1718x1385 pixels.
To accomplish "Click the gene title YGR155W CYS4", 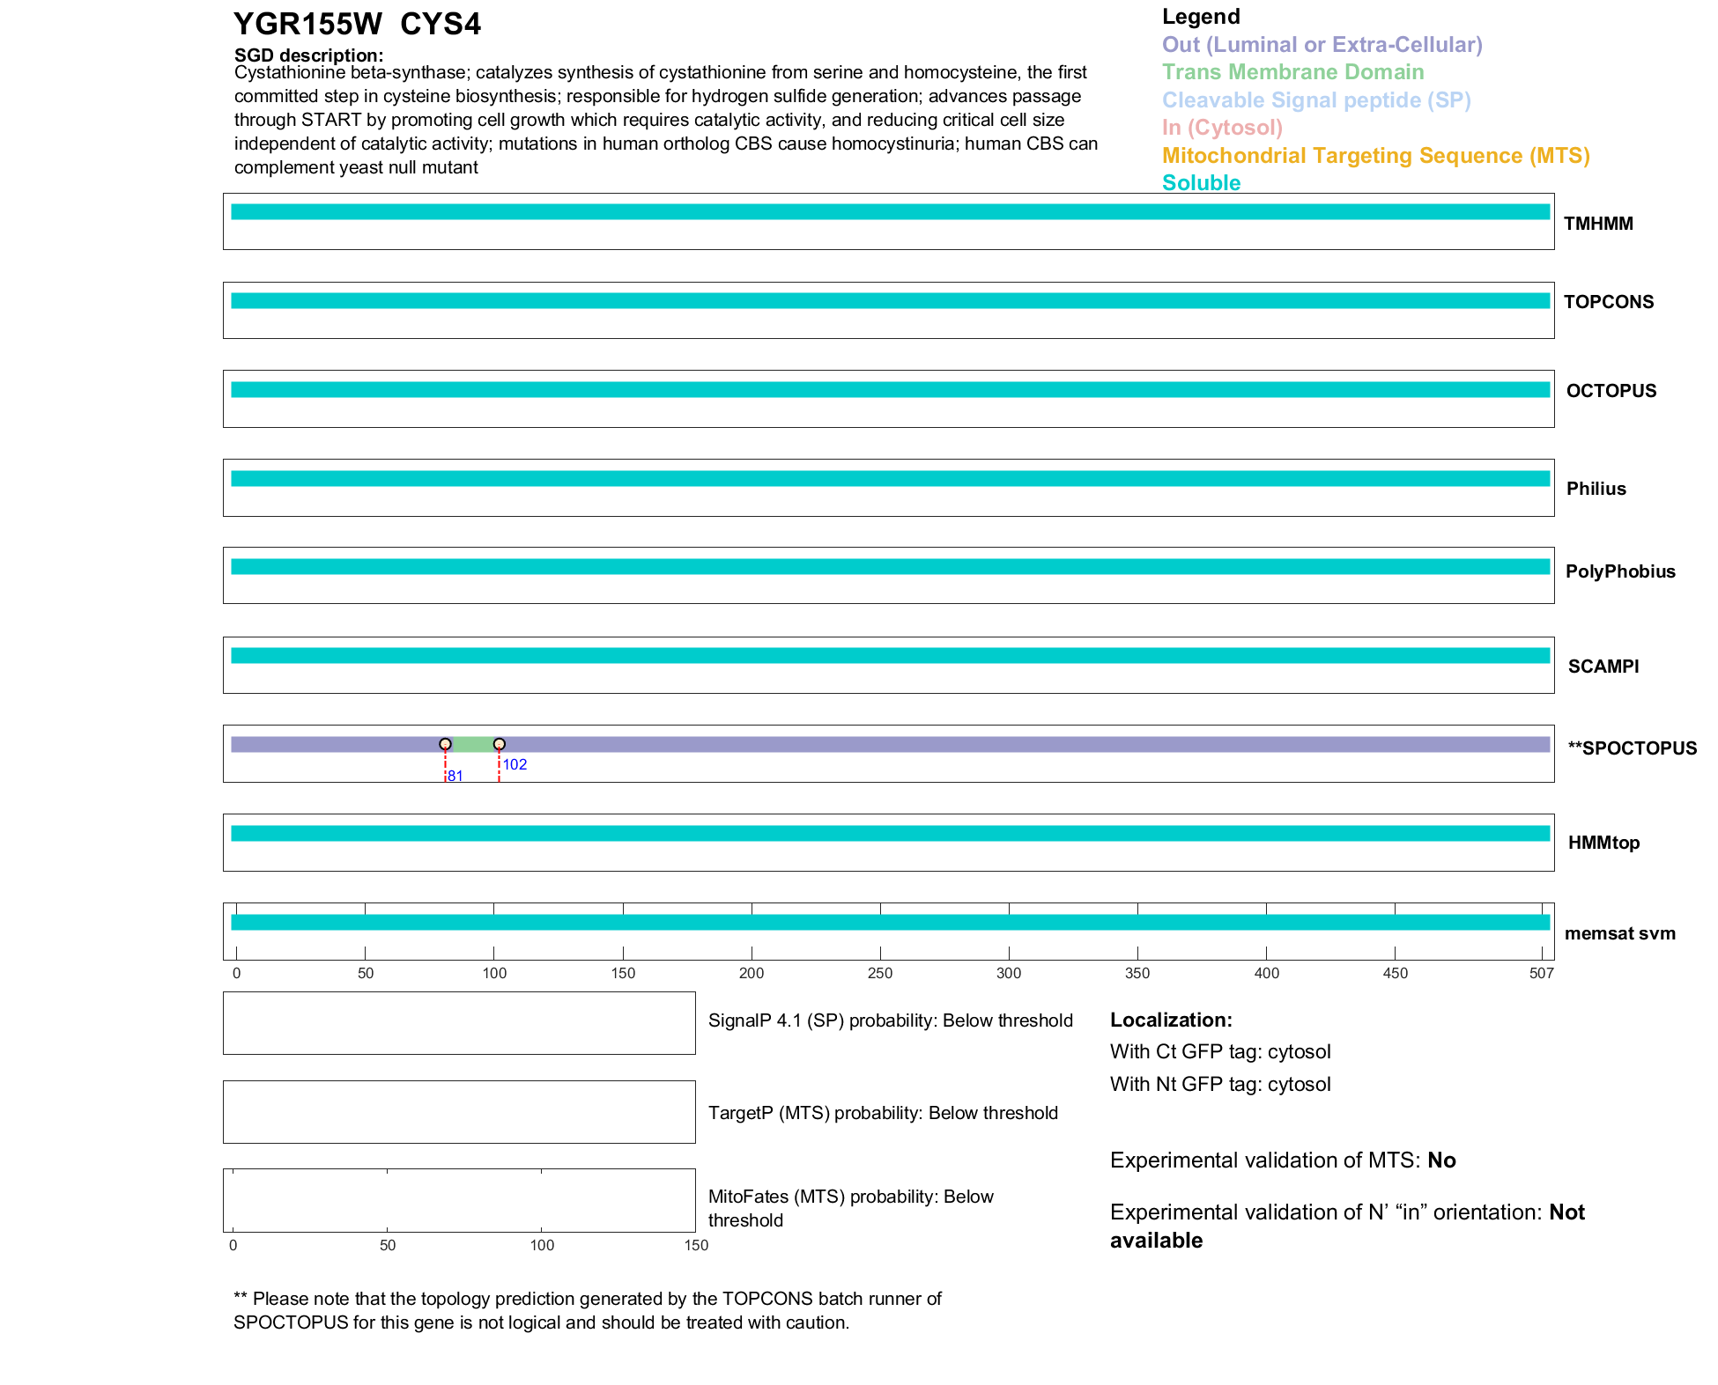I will [357, 24].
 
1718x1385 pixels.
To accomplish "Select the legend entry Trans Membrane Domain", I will [1292, 72].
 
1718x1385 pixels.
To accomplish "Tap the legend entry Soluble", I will [1201, 183].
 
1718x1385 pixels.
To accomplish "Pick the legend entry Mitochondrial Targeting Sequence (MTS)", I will [1375, 156].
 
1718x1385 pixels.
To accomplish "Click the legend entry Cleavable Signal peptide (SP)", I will [1316, 100].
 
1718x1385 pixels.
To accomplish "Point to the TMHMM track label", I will [1598, 224].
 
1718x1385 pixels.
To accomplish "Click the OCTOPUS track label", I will [1611, 391].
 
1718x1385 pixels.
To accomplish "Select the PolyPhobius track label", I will [1620, 571].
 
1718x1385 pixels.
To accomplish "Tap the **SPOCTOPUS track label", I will [1632, 748].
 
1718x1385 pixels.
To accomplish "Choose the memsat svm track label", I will [1619, 933].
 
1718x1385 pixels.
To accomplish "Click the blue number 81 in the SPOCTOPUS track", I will [455, 776].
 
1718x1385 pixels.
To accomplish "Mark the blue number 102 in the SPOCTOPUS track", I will [515, 764].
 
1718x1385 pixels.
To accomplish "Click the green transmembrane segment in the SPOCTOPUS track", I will [472, 744].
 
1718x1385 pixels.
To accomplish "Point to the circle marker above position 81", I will [445, 744].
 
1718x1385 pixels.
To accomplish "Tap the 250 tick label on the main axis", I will [880, 973].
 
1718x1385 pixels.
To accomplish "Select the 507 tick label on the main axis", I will [1541, 973].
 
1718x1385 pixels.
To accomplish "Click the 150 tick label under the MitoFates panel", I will [696, 1245].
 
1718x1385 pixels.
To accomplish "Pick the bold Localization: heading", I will [1171, 1020].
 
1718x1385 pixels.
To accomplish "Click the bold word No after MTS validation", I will [1441, 1160].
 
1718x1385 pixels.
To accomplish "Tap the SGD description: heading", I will [308, 55].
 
